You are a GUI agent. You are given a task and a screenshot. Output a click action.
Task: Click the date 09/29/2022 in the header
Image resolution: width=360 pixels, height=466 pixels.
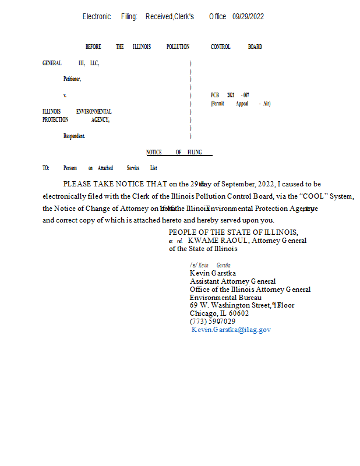pyautogui.click(x=248, y=17)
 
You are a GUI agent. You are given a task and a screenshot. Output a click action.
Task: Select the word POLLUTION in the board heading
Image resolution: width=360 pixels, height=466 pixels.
pyautogui.click(x=178, y=47)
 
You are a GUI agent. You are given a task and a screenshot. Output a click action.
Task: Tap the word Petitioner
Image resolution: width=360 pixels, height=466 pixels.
pyautogui.click(x=72, y=79)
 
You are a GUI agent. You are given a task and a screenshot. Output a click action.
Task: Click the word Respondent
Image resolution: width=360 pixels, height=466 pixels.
pyautogui.click(x=74, y=136)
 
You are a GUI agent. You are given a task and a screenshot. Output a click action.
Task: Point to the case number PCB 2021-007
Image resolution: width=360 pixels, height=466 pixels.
pyautogui.click(x=230, y=95)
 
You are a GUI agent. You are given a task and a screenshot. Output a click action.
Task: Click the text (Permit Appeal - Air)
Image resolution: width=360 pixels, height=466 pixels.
pyautogui.click(x=241, y=104)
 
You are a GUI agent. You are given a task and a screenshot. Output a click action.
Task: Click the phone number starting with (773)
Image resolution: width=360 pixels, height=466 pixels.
pyautogui.click(x=213, y=322)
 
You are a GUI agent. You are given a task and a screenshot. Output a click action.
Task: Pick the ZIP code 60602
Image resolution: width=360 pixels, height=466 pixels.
pyautogui.click(x=238, y=313)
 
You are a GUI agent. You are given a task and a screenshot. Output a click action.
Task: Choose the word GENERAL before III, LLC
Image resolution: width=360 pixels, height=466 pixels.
pyautogui.click(x=52, y=63)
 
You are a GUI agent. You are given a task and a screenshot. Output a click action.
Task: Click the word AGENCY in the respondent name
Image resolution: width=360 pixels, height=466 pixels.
pyautogui.click(x=100, y=120)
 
